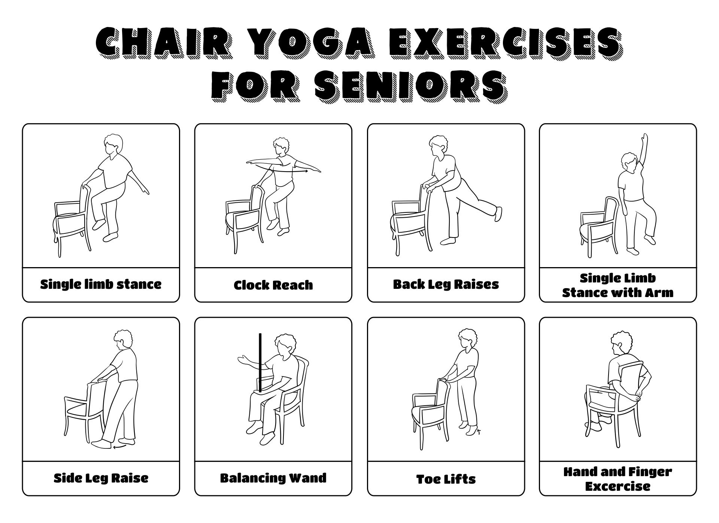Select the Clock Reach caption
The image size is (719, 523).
click(273, 285)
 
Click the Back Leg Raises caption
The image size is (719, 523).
click(446, 285)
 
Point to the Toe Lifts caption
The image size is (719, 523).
click(446, 479)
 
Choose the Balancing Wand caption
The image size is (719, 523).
click(273, 478)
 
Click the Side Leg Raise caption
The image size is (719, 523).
click(101, 478)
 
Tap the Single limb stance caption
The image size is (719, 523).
click(101, 284)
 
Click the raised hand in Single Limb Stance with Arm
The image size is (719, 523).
click(644, 140)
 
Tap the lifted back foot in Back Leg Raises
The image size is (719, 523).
click(498, 214)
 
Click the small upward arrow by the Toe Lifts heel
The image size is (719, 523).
click(479, 432)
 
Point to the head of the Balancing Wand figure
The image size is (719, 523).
click(283, 345)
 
